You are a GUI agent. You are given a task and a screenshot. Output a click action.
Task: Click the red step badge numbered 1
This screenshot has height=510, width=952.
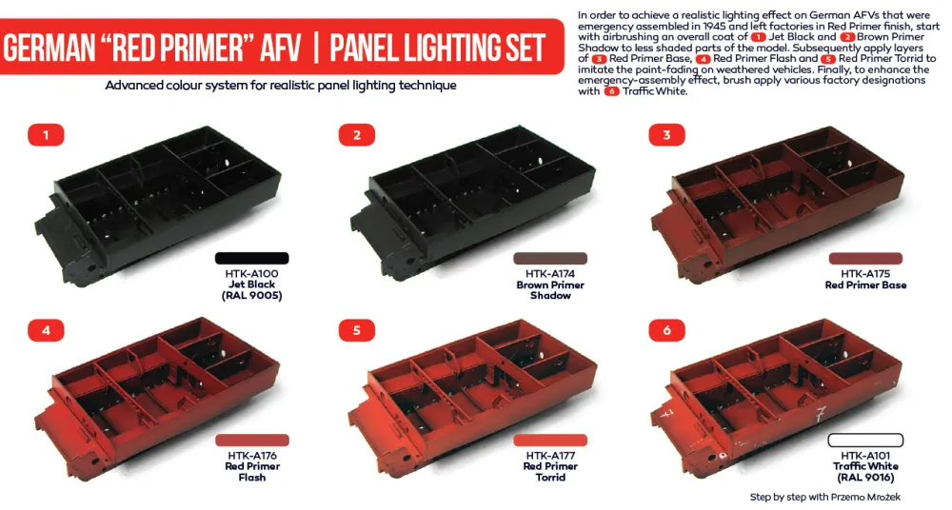(x=45, y=135)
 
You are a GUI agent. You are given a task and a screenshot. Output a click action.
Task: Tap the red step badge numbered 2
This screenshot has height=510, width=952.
(x=356, y=135)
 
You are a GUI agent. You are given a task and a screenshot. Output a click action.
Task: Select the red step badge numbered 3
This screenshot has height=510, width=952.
(x=666, y=135)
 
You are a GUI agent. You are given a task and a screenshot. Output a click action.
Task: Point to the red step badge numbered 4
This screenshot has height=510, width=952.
(x=45, y=330)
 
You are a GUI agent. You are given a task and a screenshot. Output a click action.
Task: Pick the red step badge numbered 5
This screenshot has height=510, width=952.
(x=356, y=330)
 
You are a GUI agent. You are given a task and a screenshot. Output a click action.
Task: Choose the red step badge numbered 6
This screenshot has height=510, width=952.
(x=666, y=330)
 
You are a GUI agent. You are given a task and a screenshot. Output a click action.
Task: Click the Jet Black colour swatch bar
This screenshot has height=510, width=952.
(x=251, y=258)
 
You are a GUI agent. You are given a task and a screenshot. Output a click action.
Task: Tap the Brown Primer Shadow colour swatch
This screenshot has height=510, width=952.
(x=550, y=258)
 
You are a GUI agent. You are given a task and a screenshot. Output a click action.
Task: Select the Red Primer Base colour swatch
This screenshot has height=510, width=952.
(x=865, y=258)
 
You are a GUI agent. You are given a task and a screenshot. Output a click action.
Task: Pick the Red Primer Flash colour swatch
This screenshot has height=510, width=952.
(x=251, y=440)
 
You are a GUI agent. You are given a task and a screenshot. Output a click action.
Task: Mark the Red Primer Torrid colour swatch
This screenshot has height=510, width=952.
(x=550, y=440)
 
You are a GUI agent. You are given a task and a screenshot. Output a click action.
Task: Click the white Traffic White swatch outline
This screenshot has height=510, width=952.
(x=865, y=440)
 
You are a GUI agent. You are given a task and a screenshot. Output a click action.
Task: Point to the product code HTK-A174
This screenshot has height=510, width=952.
(x=550, y=273)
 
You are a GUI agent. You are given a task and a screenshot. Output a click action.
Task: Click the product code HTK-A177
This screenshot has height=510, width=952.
(x=550, y=455)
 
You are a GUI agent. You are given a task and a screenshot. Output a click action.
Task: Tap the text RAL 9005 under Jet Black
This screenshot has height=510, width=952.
(x=251, y=296)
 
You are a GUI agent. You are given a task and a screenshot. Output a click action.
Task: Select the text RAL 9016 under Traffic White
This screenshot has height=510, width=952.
(x=865, y=478)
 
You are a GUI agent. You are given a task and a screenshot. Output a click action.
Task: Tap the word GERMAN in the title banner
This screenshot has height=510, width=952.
(x=62, y=49)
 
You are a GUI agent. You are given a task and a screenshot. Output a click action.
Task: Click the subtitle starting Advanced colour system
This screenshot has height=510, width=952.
(x=281, y=86)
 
